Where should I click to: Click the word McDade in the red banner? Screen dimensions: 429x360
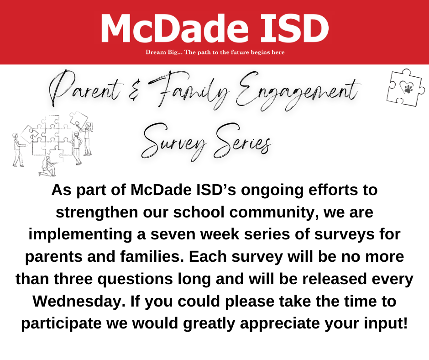pyautogui.click(x=175, y=28)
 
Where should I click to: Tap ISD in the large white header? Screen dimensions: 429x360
pyautogui.click(x=294, y=28)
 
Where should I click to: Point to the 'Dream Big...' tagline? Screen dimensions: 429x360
pyautogui.click(x=215, y=52)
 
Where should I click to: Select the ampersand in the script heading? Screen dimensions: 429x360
pyautogui.click(x=134, y=91)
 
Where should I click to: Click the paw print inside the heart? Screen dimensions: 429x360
pyautogui.click(x=408, y=89)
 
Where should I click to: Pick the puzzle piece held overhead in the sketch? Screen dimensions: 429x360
pyautogui.click(x=79, y=119)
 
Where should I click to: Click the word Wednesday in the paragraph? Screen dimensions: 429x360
pyautogui.click(x=77, y=301)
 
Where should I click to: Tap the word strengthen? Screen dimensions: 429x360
pyautogui.click(x=97, y=213)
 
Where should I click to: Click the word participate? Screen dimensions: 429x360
pyautogui.click(x=61, y=323)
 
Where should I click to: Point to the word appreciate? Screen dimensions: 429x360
pyautogui.click(x=280, y=323)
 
